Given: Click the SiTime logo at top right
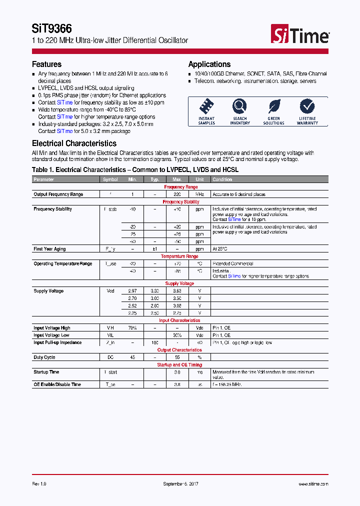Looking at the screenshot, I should pos(300,34).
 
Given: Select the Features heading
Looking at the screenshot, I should pos(46,64).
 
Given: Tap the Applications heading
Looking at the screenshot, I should pos(209,64).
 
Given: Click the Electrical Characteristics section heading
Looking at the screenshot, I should pos(74,143).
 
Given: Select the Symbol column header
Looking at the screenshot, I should pos(110,179).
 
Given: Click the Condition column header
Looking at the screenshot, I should pos(222,179).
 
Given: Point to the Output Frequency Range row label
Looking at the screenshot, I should pos(58,194).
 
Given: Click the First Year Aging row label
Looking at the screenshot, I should pos(49,248).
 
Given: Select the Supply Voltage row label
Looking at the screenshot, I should pos(48,291).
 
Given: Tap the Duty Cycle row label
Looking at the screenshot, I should pos(44,357).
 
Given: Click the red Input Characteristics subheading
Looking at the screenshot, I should pos(179,320).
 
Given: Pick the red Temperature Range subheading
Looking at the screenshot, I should pos(179,256).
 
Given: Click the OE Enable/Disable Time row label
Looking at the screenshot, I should pos(56,384).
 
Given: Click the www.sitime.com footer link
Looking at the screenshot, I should pos(313,484).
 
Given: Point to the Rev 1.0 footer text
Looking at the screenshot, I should pos(39,484).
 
